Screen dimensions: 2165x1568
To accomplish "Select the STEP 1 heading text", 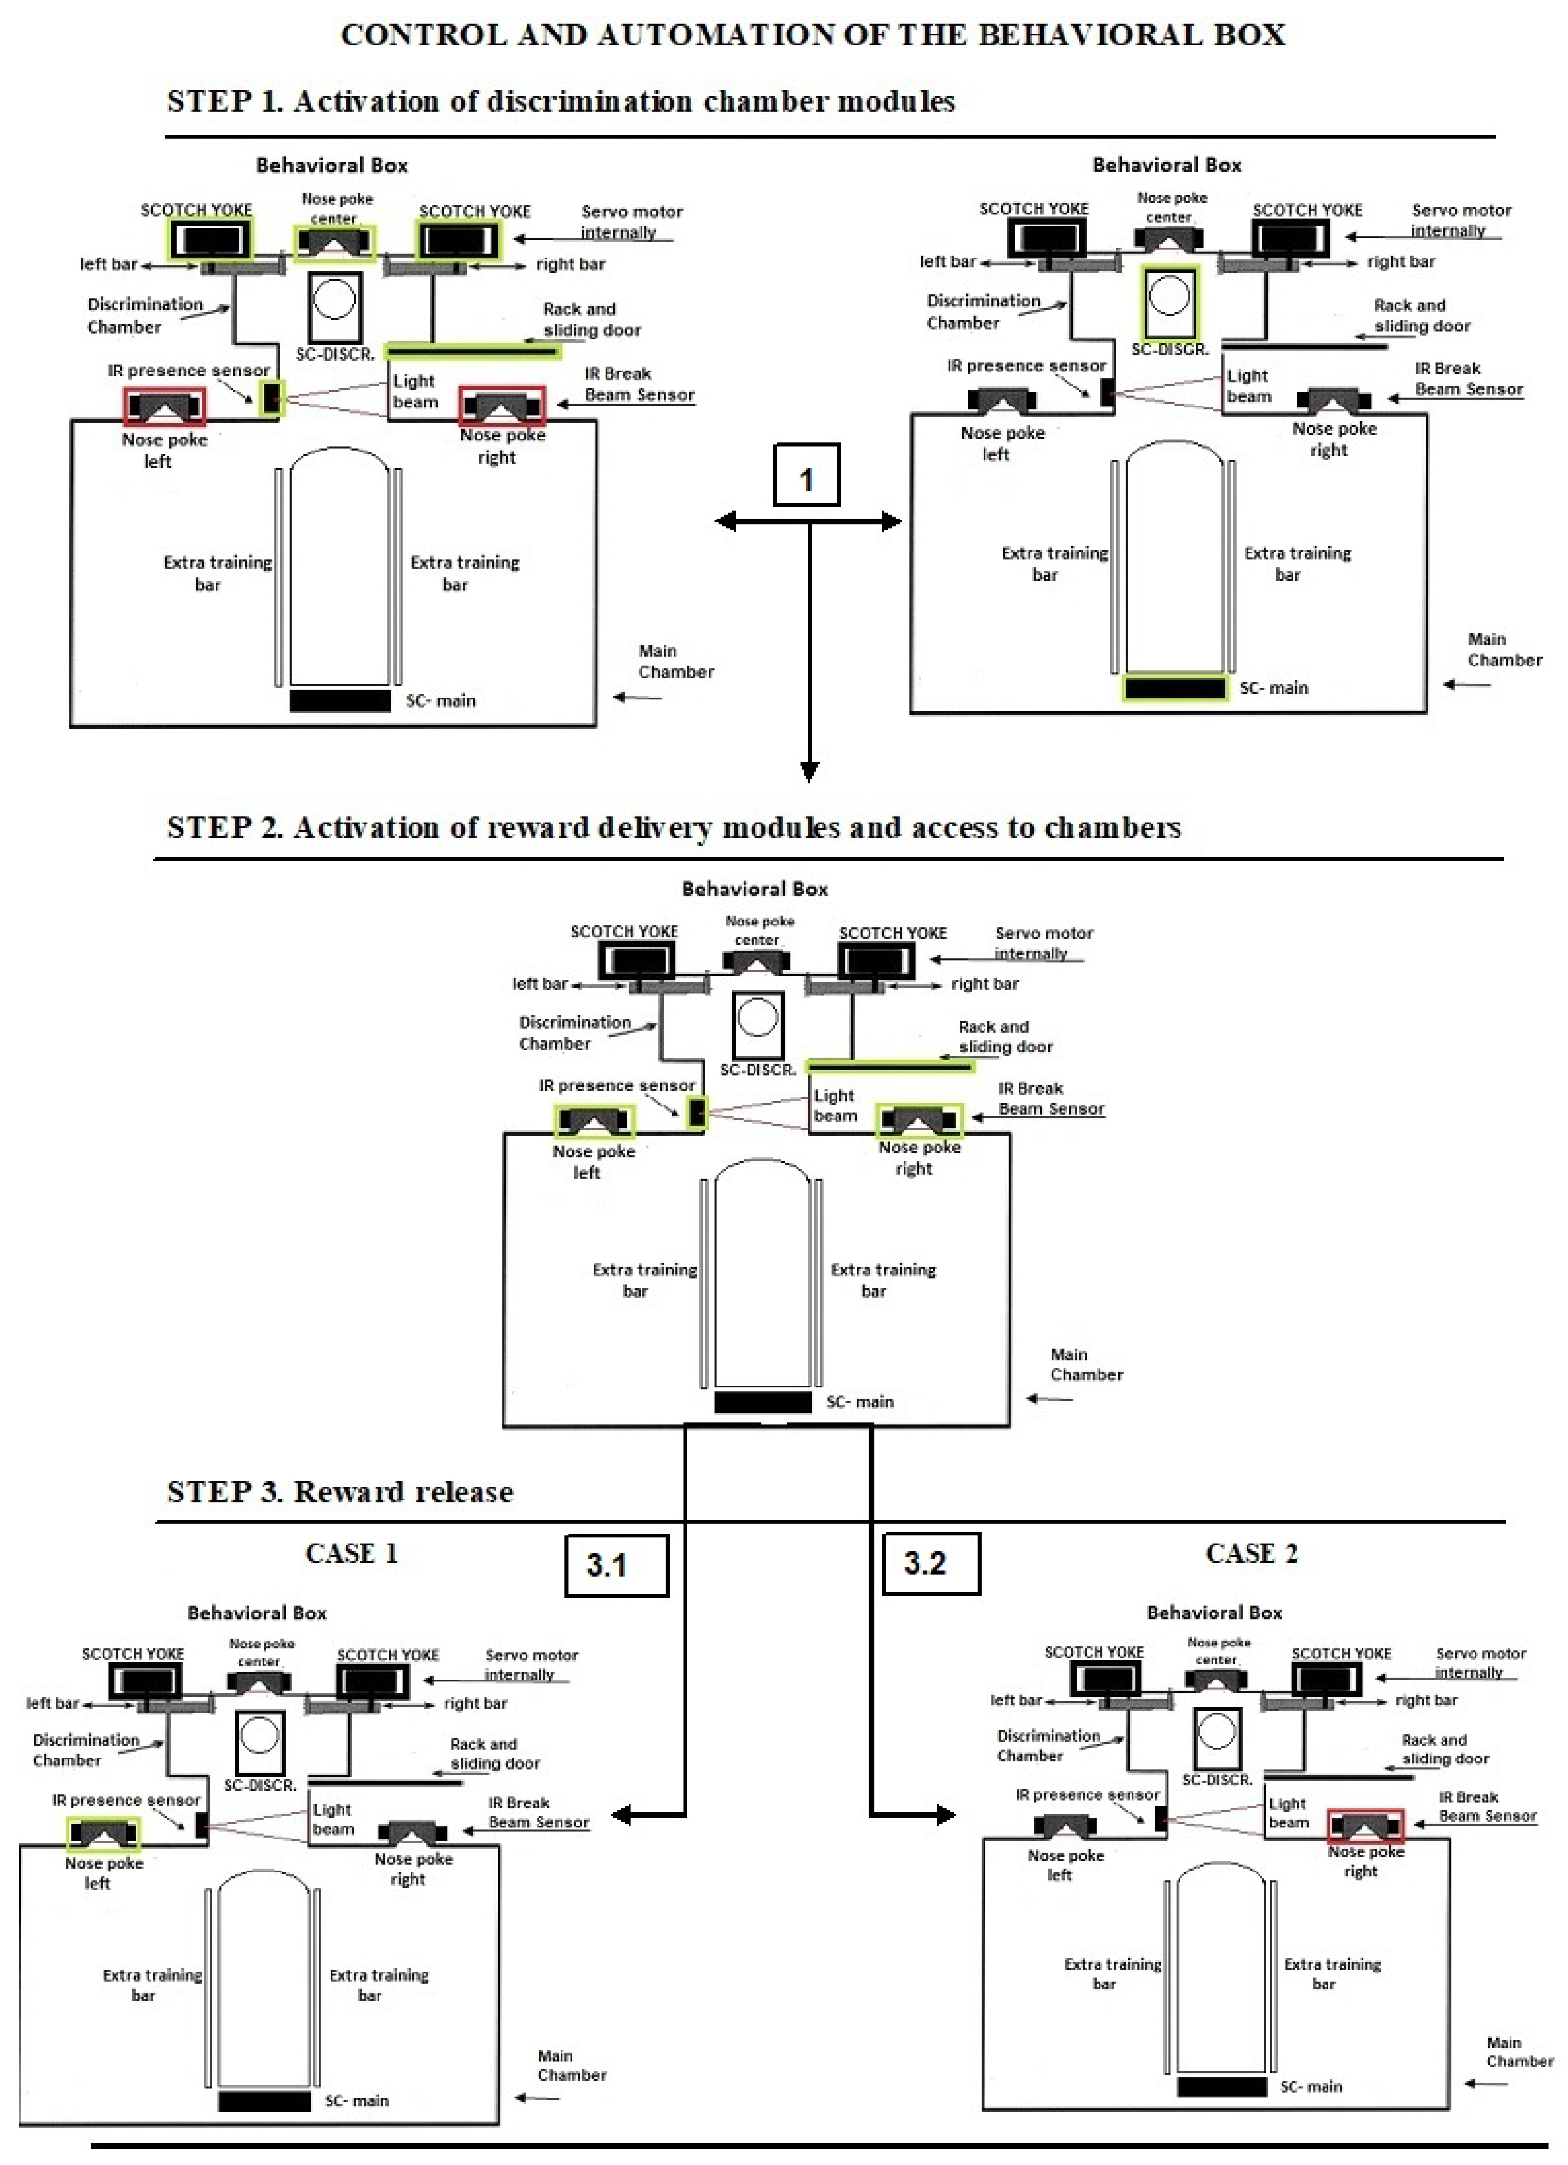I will click(x=561, y=101).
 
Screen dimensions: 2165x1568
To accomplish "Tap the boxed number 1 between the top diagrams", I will click(x=806, y=475).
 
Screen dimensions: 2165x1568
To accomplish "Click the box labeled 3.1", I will click(x=616, y=1565).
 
